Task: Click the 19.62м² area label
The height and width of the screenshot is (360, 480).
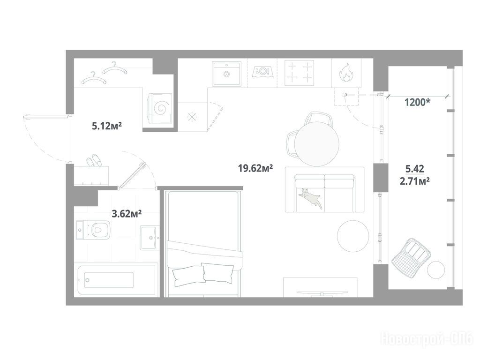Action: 255,168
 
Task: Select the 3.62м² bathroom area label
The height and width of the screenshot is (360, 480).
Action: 127,213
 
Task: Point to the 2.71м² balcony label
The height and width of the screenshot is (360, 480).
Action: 415,181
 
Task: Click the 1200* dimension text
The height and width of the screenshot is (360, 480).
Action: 418,102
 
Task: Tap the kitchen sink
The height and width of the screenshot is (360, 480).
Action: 226,74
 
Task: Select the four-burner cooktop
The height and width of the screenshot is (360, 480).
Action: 300,74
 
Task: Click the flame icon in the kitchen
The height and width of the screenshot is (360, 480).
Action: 346,73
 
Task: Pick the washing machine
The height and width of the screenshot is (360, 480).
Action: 160,108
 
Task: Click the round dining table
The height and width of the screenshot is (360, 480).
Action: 317,143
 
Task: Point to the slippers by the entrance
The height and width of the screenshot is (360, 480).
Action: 94,160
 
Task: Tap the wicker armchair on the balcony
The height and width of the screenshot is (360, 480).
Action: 411,255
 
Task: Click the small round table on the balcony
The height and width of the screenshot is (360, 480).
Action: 436,270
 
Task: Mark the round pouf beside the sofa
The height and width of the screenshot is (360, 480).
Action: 353,236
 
